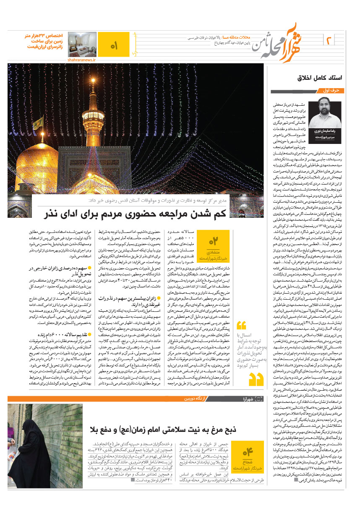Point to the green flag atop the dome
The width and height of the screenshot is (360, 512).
pos(38,123)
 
